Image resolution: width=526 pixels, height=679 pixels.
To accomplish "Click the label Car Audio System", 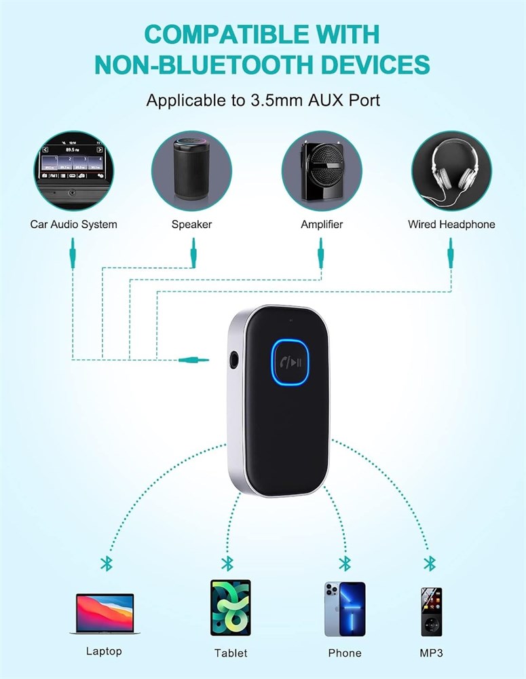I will (x=73, y=224).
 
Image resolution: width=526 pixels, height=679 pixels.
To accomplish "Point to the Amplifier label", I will (x=322, y=224).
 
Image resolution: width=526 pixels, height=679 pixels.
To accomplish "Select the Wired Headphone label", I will (x=451, y=224).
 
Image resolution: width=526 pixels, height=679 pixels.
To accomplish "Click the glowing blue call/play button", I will (x=291, y=363).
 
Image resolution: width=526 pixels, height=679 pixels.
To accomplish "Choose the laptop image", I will (x=104, y=614).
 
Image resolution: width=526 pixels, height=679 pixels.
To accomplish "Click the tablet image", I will (x=230, y=607).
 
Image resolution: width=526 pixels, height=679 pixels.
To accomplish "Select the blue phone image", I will (x=345, y=608).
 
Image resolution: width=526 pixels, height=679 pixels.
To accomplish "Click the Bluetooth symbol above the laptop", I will (x=105, y=563).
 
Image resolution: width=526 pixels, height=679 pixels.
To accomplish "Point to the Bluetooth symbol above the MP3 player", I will (x=429, y=563).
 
